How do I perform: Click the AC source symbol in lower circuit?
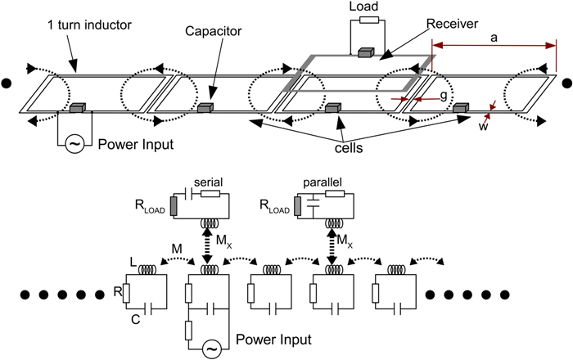212,347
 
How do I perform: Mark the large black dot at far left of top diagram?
7,82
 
